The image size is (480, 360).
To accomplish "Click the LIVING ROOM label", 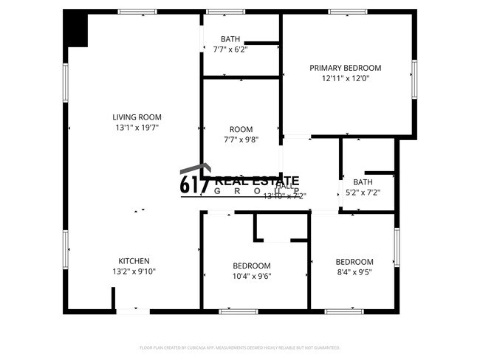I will coord(137,117).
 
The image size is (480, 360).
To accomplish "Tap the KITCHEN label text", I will coord(134,260).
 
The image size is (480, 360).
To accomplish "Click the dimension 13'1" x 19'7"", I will coord(137,127).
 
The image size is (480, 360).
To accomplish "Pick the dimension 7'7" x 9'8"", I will coord(241,139).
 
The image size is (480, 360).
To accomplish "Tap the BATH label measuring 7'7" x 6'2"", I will coord(230,39).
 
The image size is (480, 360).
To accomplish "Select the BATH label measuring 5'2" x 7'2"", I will coord(363,182).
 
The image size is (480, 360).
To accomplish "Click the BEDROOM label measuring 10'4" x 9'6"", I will coord(251,266).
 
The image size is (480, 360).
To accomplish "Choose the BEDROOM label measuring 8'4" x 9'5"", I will coord(354,262).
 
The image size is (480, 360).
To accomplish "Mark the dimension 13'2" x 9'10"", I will coord(134,271).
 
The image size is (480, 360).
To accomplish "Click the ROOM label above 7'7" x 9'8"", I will coord(241,128).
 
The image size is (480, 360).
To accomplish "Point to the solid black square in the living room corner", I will coord(76,30).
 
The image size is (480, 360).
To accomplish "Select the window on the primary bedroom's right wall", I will coord(414,79).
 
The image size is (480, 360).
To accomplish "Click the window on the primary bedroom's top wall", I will coord(348,12).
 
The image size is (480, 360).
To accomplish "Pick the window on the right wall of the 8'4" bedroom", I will coord(397,247).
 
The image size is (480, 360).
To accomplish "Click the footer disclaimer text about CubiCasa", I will coord(239,347).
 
